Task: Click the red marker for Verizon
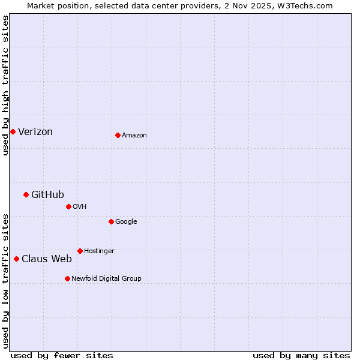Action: coord(13,131)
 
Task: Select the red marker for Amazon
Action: coord(118,135)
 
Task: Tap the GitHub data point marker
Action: coord(26,194)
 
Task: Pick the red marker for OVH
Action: coord(68,206)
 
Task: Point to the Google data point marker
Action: coord(111,221)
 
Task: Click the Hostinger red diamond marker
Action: coord(80,251)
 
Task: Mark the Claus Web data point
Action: coord(16,259)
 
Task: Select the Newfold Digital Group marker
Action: coord(67,278)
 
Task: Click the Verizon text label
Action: coord(35,132)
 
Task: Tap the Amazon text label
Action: coord(134,136)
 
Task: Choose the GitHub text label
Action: coord(47,194)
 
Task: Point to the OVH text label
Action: coord(80,207)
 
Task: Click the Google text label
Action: coord(126,222)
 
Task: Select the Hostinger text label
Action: coord(99,251)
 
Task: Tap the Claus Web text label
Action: coord(47,259)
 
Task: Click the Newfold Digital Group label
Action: coord(106,279)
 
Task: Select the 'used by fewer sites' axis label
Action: coord(62,355)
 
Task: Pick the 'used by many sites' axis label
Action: coord(301,355)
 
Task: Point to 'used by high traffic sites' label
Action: coord(5,85)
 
